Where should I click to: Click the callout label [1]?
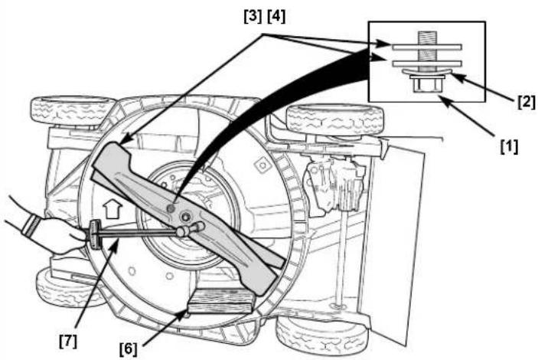[509, 147]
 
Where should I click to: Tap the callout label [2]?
[526, 103]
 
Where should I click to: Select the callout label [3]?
[253, 16]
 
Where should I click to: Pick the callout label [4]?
[276, 16]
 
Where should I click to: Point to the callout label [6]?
[129, 349]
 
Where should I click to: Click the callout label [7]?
[68, 341]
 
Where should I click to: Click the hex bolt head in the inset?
[427, 85]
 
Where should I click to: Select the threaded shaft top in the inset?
[427, 37]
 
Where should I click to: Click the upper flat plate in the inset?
[427, 47]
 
